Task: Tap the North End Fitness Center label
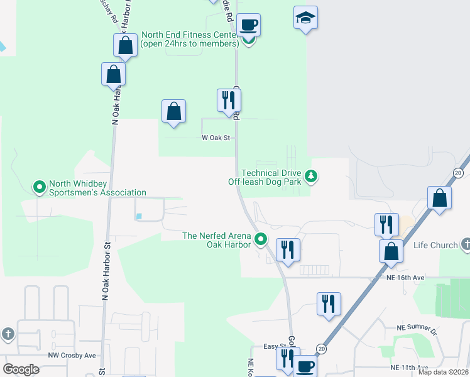[x=190, y=39]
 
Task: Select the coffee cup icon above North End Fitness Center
[x=248, y=25]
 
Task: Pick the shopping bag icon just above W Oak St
[x=173, y=111]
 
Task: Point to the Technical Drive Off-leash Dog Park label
[x=265, y=177]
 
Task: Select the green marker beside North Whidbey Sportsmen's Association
[x=39, y=187]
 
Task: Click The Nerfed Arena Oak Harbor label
[x=216, y=240]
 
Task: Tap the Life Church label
[x=435, y=245]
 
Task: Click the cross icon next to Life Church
[x=466, y=244]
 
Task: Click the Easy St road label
[x=275, y=346]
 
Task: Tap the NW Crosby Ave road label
[x=72, y=355]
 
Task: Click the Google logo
[x=21, y=369]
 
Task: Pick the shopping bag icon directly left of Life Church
[x=391, y=251]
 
